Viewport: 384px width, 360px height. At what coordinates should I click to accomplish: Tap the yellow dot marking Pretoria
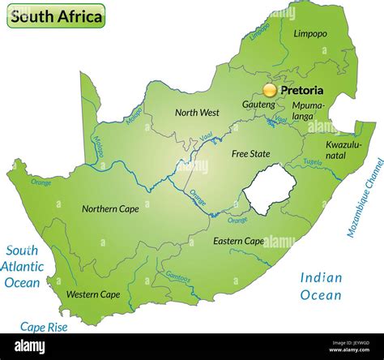tap(270, 90)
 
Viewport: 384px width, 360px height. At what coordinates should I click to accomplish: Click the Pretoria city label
tap(301, 90)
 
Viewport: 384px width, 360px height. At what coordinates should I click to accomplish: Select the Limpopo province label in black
tap(311, 34)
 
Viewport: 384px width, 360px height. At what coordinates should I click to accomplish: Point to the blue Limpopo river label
tap(260, 31)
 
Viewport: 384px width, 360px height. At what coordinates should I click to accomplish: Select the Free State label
tap(250, 153)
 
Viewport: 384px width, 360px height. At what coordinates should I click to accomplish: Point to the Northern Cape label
tap(110, 208)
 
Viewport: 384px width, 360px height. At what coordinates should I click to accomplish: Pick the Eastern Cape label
tap(238, 241)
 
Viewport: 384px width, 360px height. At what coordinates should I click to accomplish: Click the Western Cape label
tap(93, 294)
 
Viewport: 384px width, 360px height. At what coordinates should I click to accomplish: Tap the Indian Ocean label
tap(321, 286)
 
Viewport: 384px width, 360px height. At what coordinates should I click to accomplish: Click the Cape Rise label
tap(44, 328)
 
